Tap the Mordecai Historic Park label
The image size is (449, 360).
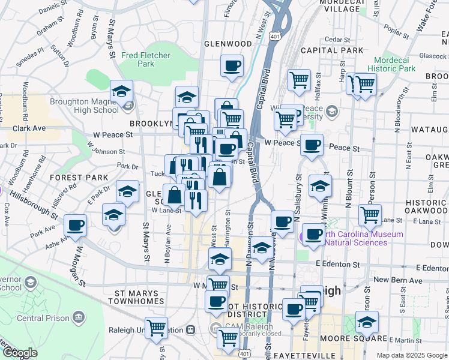coord(394,64)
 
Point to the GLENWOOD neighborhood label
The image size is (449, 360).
coord(228,44)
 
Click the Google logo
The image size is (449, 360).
coord(20,353)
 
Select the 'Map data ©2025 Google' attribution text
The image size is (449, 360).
coord(411,355)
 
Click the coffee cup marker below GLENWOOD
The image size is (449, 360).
coord(232,66)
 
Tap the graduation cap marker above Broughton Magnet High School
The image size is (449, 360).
coord(122,92)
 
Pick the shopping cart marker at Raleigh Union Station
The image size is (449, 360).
coord(156,328)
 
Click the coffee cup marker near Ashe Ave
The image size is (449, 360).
coord(76,226)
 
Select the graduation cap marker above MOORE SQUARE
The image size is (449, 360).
coord(367,322)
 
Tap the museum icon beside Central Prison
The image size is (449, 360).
coord(78,317)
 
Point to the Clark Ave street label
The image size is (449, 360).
coord(29,128)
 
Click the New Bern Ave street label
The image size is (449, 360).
coord(391,280)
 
